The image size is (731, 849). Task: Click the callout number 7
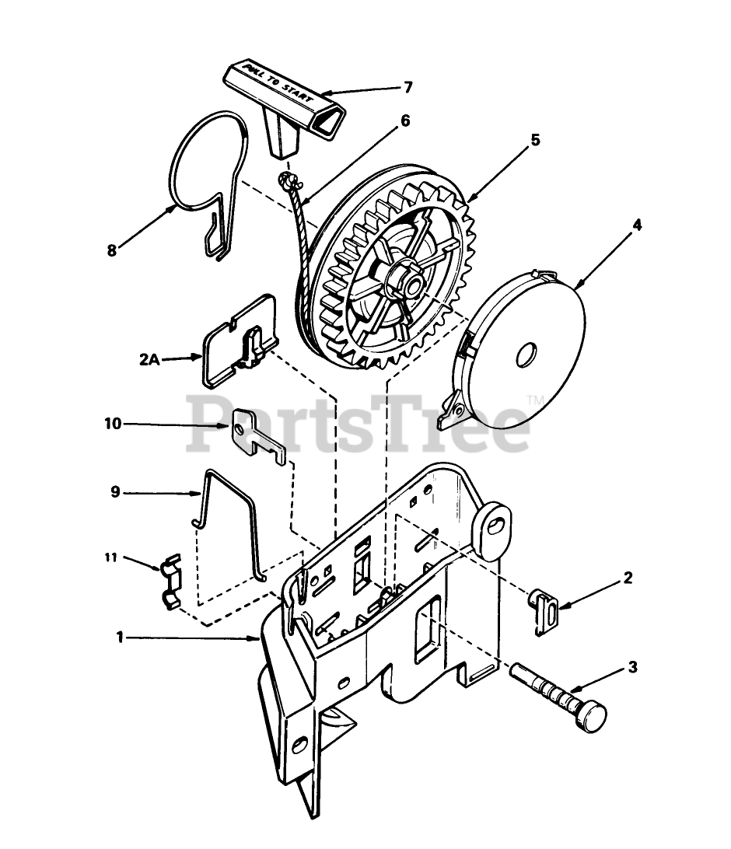(x=407, y=87)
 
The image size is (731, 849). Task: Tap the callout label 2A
(x=149, y=359)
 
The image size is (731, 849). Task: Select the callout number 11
(x=111, y=557)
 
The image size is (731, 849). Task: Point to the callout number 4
(x=637, y=225)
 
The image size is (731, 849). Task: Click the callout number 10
(x=114, y=424)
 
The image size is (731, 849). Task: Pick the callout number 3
(x=632, y=667)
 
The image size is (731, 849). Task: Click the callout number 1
(x=121, y=638)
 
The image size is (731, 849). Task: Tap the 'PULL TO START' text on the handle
(x=278, y=83)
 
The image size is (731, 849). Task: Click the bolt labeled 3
(x=558, y=697)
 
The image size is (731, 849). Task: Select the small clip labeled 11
(x=171, y=582)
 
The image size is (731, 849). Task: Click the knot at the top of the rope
(x=286, y=180)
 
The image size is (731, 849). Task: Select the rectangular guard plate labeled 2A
(x=240, y=341)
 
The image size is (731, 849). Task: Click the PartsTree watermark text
(x=358, y=424)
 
